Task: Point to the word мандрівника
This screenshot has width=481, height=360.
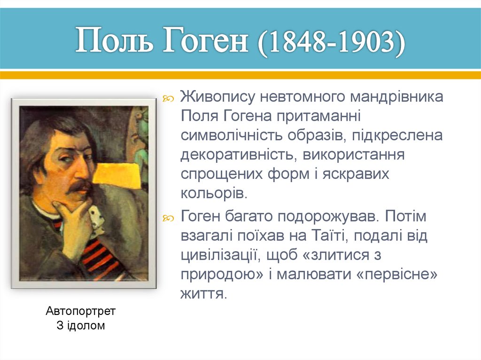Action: [395, 98]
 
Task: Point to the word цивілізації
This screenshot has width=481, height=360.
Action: [220, 255]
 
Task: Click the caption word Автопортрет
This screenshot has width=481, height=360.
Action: [81, 311]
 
